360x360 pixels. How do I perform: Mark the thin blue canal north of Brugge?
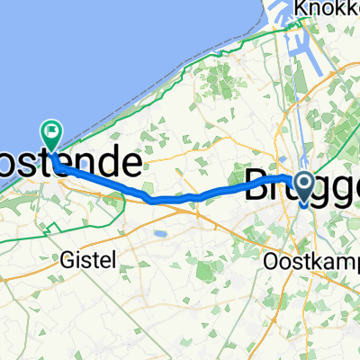(296, 108)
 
